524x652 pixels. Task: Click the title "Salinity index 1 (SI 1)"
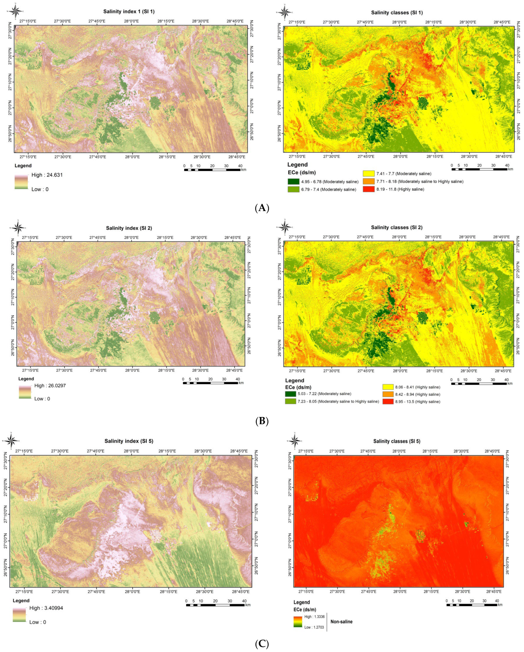point(129,12)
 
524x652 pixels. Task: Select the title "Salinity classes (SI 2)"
point(397,227)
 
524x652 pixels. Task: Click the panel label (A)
point(262,208)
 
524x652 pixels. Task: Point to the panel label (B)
point(262,421)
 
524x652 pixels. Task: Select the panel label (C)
point(262,643)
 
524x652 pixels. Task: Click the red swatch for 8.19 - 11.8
point(368,189)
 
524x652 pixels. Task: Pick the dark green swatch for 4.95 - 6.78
point(293,182)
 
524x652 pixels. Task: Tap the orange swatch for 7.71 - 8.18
point(368,181)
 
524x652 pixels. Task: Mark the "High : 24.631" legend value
point(47,175)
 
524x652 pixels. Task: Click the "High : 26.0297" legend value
point(50,386)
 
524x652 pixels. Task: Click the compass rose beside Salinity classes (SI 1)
point(284,12)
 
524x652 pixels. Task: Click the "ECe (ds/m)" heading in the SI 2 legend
point(298,387)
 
